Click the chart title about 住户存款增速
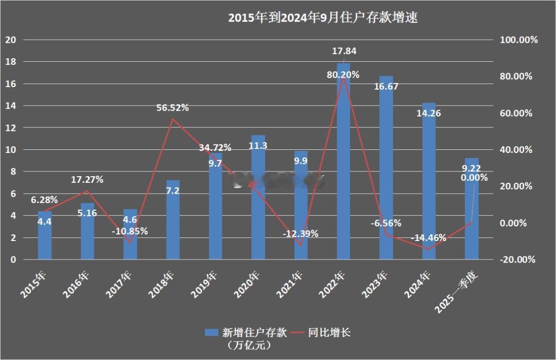tap(323, 18)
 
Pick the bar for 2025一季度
tap(472, 216)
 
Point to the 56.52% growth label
tap(172, 108)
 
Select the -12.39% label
tap(301, 234)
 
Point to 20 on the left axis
tap(10, 40)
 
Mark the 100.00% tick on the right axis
tap(518, 40)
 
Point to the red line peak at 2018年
tap(173, 119)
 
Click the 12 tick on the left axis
tap(10, 128)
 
